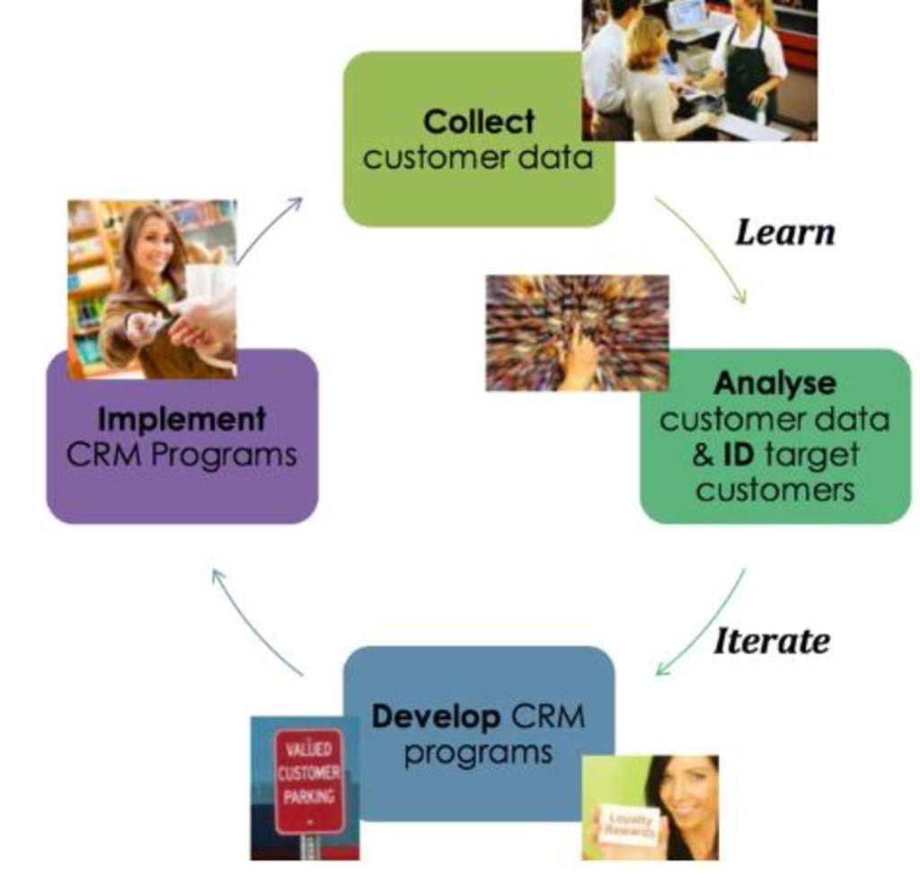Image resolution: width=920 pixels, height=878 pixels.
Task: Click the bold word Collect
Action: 478,121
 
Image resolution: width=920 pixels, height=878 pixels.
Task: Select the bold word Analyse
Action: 774,384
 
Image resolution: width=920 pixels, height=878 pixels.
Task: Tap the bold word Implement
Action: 181,419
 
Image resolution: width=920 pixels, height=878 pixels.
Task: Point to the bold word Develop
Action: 436,716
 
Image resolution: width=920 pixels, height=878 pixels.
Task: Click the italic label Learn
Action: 784,233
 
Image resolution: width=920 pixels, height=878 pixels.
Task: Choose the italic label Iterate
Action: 771,642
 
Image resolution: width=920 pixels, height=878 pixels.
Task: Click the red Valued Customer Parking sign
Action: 308,780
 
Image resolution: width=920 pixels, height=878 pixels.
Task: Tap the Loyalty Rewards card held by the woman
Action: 628,825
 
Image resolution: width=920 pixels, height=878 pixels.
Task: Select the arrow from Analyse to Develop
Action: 705,625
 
